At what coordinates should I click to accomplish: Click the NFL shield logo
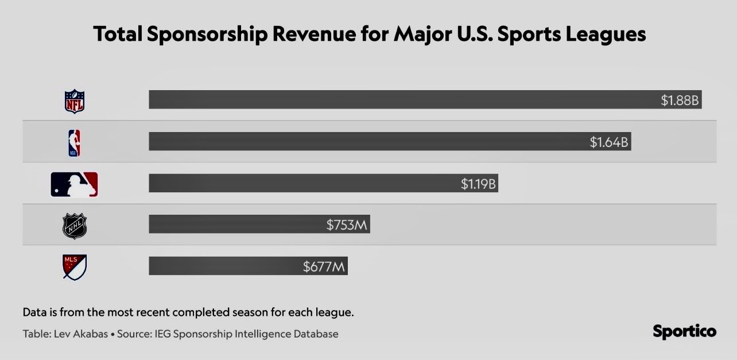click(74, 102)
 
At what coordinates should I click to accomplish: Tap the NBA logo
click(74, 143)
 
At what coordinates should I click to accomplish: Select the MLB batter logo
click(74, 184)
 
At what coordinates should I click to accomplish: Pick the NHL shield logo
click(74, 226)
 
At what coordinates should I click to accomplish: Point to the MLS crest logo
click(74, 267)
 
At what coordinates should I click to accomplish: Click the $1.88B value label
click(680, 100)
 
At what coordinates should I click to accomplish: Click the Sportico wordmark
click(684, 332)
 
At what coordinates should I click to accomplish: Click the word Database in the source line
click(315, 334)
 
